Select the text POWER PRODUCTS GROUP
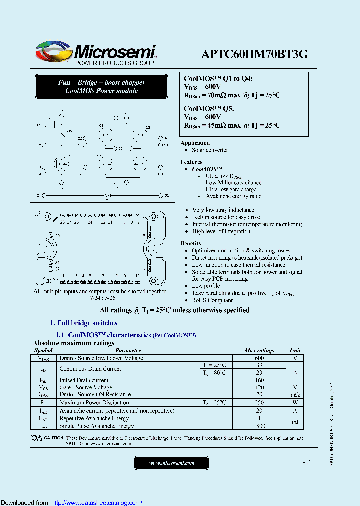point(114,63)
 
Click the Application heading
point(195,143)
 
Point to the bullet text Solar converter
point(210,150)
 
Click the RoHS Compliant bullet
point(212,300)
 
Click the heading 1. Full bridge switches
point(84,323)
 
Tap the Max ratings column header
point(259,351)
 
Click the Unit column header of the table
point(295,351)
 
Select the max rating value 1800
point(259,426)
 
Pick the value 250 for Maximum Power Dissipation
point(259,402)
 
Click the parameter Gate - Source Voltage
point(85,387)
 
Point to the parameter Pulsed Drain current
point(84,380)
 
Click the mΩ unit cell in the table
point(295,395)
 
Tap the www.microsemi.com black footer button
point(171,463)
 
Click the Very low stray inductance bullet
point(223,210)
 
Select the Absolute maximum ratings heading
point(73,343)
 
